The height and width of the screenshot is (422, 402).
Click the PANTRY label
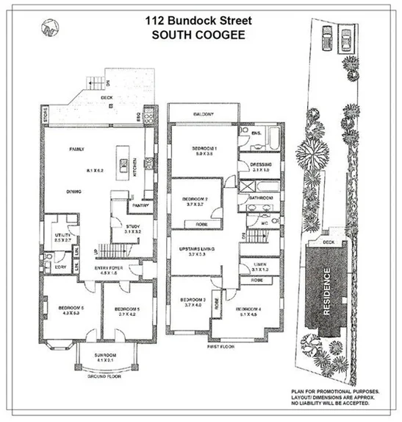click(140, 206)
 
